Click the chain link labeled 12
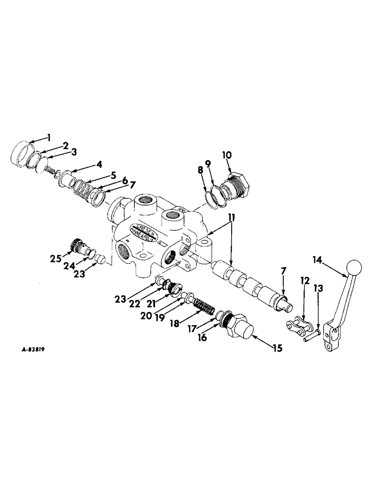point(293,322)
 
